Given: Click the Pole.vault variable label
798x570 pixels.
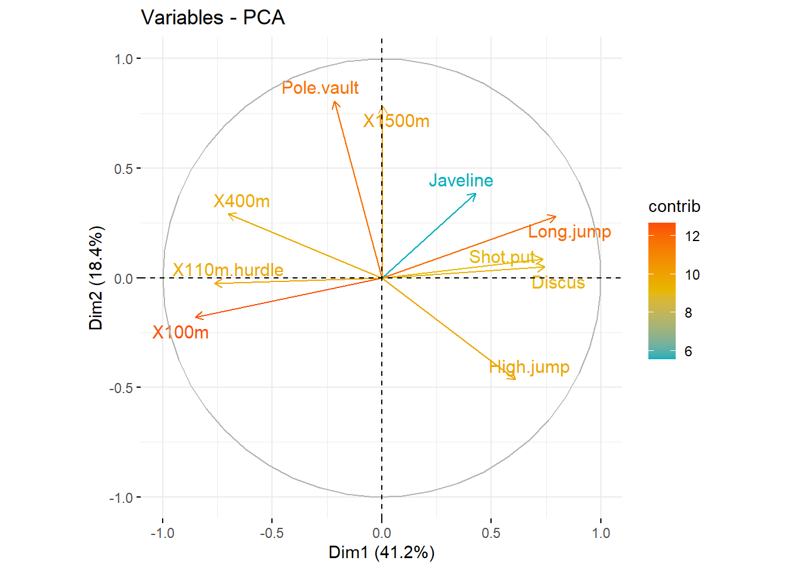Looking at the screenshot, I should click(320, 88).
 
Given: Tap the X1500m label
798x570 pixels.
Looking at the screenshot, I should click(396, 121).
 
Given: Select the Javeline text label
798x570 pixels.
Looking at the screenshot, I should click(461, 180).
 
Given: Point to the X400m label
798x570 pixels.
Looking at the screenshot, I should click(242, 201).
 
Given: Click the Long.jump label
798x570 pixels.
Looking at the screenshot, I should click(569, 232).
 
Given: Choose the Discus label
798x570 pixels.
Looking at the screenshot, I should click(558, 283).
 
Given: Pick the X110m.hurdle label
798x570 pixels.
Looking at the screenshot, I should click(228, 270).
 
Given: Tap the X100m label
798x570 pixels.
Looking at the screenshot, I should click(180, 332).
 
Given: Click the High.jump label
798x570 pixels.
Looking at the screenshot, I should click(529, 367).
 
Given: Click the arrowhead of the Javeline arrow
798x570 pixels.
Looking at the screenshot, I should click(476, 194).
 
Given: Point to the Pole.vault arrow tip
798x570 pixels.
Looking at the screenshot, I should click(335, 102).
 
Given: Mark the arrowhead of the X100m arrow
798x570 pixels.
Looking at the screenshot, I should click(196, 317).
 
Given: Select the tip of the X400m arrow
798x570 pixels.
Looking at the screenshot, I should click(229, 214).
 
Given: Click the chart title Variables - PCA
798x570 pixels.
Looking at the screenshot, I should click(213, 18).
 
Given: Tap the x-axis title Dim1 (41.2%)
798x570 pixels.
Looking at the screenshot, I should click(381, 552).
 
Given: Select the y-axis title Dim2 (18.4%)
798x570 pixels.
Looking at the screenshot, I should click(96, 278).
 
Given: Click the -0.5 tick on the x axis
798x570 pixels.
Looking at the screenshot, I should click(272, 533).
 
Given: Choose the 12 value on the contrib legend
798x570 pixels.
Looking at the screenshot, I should click(692, 236).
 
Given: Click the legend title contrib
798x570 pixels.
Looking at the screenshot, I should click(674, 207).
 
